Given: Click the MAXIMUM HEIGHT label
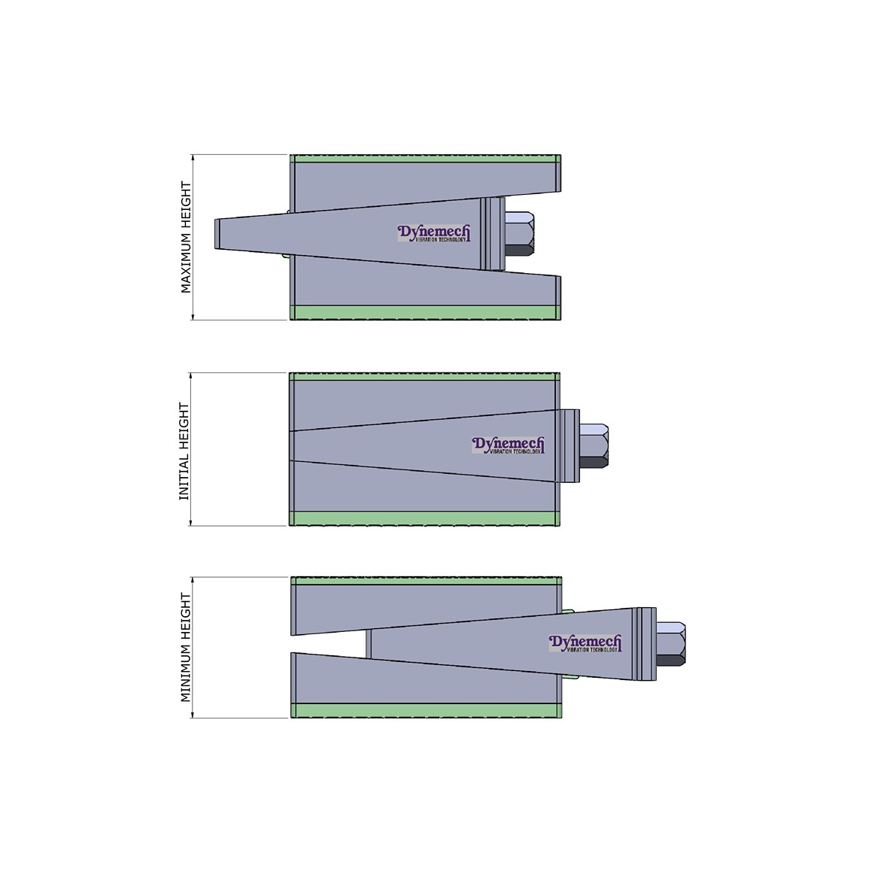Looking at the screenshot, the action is point(186,237).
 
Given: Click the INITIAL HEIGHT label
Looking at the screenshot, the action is point(184,451).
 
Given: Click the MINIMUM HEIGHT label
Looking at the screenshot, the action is point(186,647).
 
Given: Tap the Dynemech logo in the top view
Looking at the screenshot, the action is point(434,233).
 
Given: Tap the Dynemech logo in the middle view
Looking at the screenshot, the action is point(508,445).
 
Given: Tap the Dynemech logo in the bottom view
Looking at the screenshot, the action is point(585,643).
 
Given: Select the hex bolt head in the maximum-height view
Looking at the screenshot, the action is point(519,234).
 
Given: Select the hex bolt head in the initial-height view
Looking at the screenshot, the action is point(594,445).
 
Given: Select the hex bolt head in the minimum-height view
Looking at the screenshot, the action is point(671,644).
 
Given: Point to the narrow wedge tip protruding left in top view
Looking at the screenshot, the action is point(217,234).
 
